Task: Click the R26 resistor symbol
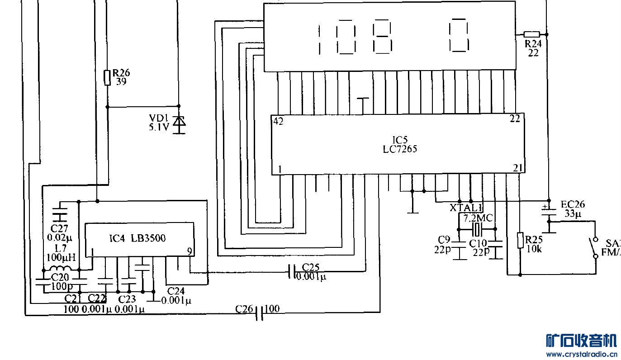coord(107,78)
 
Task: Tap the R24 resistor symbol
coord(531,34)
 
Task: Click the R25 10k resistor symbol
coord(520,241)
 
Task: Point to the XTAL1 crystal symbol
coord(476,229)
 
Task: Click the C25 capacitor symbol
coord(292,271)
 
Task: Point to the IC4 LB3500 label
coord(137,238)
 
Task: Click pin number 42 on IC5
coord(278,121)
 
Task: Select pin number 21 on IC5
coord(517,168)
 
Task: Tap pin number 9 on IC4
coord(190,251)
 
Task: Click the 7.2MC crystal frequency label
coord(478,218)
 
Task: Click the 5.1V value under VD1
coord(159,128)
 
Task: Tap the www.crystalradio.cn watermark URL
coord(582,354)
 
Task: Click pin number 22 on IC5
coord(515,119)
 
